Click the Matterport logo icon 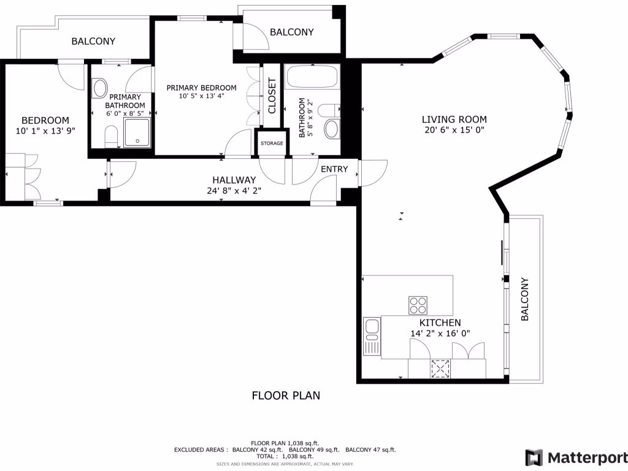click(x=534, y=458)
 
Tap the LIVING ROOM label click(x=454, y=120)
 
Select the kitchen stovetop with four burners click(x=418, y=305)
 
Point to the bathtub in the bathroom click(x=312, y=78)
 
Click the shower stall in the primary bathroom click(x=137, y=133)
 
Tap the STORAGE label click(x=272, y=144)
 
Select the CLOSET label click(x=272, y=96)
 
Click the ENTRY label click(x=334, y=169)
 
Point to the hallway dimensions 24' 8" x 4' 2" click(x=234, y=191)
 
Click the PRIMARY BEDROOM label click(x=201, y=88)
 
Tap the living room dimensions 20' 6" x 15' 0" click(x=454, y=130)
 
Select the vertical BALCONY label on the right click(x=525, y=299)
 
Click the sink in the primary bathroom click(x=99, y=88)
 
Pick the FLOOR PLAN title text click(x=286, y=396)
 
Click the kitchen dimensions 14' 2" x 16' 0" click(x=440, y=334)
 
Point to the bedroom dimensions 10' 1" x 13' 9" click(x=45, y=131)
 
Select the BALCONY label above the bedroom click(x=93, y=42)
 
